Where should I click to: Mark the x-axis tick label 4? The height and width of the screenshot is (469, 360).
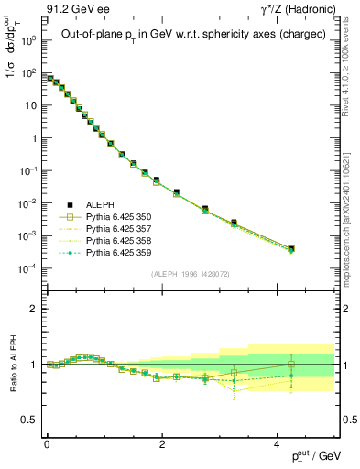pyautogui.click(x=277, y=443)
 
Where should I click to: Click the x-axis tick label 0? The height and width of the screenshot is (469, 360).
pyautogui.click(x=47, y=443)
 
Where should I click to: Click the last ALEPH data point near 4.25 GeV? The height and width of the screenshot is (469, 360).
pyautogui.click(x=290, y=248)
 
